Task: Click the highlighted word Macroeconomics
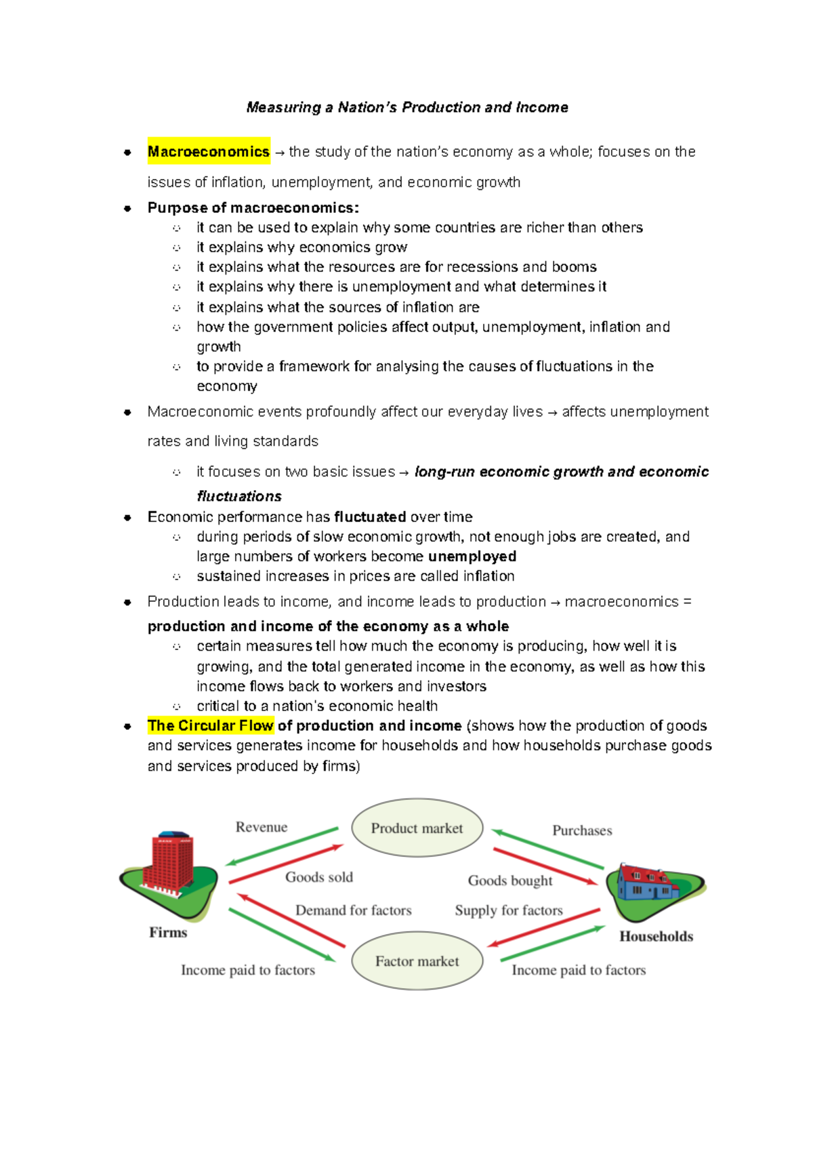(209, 152)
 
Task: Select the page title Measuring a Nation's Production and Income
(407, 107)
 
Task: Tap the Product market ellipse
(417, 828)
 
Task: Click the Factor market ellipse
(417, 961)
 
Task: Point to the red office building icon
(172, 862)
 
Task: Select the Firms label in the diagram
(168, 932)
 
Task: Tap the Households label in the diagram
(656, 936)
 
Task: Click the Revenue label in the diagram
(262, 827)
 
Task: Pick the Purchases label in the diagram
(582, 830)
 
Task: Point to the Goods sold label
(319, 877)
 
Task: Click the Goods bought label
(510, 881)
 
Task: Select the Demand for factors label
(354, 910)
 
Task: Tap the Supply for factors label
(509, 910)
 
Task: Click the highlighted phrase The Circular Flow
(211, 725)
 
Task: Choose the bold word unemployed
(472, 557)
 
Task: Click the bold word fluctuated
(370, 517)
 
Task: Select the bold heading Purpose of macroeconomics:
(253, 207)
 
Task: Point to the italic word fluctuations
(239, 496)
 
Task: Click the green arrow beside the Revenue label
(281, 847)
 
